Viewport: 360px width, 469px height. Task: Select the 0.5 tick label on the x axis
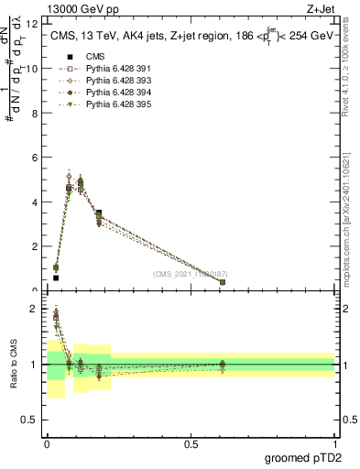tap(191, 444)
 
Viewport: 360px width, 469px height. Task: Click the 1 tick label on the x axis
tap(335, 444)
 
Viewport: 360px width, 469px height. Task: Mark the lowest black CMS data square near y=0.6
tap(56, 278)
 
